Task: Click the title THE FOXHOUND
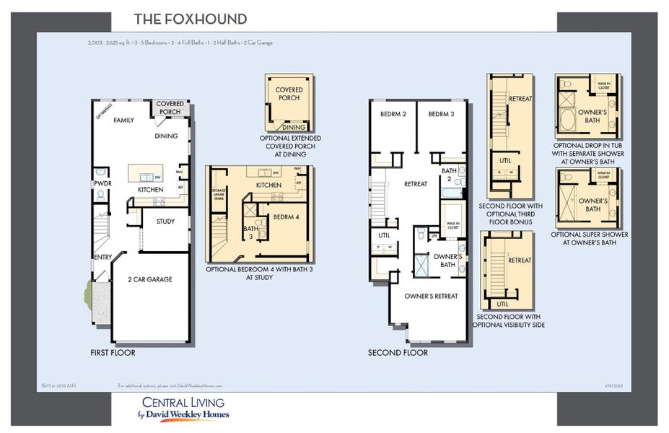[191, 19]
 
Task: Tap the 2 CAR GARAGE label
[150, 279]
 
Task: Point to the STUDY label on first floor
[165, 222]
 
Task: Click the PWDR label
[101, 184]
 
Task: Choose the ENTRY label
[102, 257]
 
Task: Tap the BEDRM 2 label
[393, 114]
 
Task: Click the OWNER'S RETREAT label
[431, 296]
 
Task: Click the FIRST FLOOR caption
[113, 353]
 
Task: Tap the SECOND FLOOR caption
[398, 353]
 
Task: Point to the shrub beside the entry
[89, 292]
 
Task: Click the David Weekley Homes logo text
[183, 415]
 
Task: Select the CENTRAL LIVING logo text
[183, 402]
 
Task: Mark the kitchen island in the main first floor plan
[145, 174]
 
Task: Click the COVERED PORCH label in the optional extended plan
[289, 94]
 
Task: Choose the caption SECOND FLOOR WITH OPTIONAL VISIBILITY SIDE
[508, 320]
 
